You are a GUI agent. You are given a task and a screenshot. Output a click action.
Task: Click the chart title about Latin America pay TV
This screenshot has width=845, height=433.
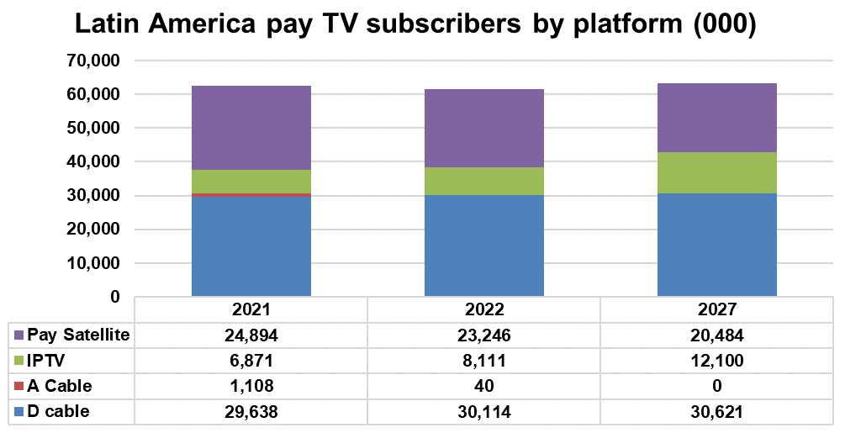(x=416, y=24)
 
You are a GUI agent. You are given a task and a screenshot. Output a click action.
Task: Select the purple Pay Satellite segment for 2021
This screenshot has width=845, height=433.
(x=251, y=128)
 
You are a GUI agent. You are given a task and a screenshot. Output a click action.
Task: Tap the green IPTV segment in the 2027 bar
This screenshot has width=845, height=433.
(x=716, y=172)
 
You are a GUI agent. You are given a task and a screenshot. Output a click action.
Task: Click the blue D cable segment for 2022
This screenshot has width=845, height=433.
(x=483, y=246)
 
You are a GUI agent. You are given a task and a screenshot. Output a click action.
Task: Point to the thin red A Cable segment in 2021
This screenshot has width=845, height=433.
(x=251, y=194)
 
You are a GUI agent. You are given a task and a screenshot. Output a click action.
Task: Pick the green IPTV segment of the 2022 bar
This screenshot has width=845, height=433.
(x=483, y=181)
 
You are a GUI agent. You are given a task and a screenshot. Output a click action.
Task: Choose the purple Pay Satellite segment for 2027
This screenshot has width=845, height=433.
(x=716, y=118)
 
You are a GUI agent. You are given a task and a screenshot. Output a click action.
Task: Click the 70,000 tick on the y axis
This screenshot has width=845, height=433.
(x=93, y=61)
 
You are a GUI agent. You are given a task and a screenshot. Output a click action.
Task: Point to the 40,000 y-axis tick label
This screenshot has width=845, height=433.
(x=93, y=162)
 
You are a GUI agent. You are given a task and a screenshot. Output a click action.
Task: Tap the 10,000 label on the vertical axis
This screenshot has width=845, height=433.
(x=93, y=263)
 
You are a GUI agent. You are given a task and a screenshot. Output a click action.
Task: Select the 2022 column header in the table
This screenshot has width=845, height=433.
(x=483, y=309)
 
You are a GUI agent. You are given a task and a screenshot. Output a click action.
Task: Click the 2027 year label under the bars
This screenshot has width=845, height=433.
(x=716, y=309)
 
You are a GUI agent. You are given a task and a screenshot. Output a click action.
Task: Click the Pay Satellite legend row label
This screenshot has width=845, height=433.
(x=78, y=335)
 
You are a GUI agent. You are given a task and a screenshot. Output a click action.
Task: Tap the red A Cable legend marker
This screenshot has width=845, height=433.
(x=18, y=387)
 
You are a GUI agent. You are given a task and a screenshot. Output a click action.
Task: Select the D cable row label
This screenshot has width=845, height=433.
(x=58, y=412)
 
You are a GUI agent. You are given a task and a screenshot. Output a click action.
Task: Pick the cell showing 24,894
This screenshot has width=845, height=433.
(x=251, y=335)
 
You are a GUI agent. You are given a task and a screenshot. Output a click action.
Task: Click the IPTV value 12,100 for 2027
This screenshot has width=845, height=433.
(x=716, y=361)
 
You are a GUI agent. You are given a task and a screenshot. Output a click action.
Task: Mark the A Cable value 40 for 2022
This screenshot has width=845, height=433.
(x=483, y=387)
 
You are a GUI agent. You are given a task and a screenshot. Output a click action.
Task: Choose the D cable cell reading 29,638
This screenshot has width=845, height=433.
(x=251, y=412)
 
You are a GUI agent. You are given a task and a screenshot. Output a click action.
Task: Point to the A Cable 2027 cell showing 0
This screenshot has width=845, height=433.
(x=716, y=387)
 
